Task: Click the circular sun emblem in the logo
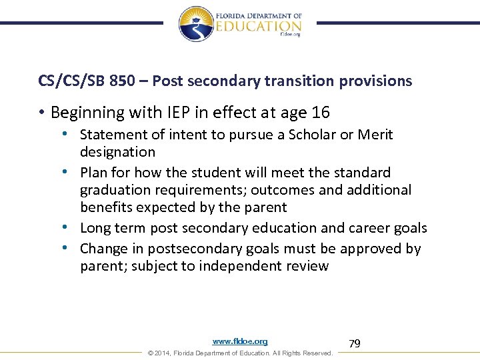pyautogui.click(x=195, y=23)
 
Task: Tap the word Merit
pyautogui.click(x=376, y=135)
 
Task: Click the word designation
pyautogui.click(x=117, y=152)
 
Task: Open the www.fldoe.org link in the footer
pyautogui.click(x=240, y=341)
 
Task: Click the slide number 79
pyautogui.click(x=355, y=343)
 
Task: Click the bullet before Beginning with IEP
pyautogui.click(x=41, y=112)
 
